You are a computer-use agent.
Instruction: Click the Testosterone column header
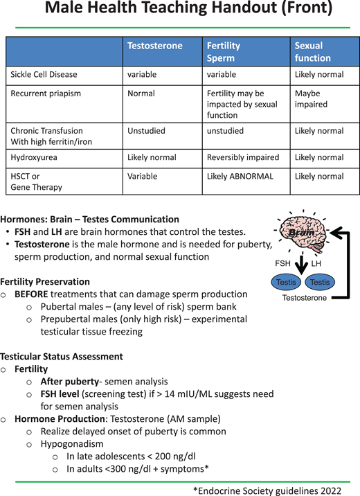click(x=155, y=46)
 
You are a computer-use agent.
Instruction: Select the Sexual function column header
click(x=309, y=52)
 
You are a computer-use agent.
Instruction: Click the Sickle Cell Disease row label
click(x=44, y=74)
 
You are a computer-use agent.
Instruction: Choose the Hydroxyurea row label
click(x=33, y=157)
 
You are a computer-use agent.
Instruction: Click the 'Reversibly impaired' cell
click(x=242, y=157)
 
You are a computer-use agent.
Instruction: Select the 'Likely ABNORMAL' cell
click(x=240, y=177)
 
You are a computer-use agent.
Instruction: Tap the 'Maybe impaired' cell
click(x=311, y=98)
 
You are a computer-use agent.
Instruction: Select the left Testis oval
click(x=286, y=282)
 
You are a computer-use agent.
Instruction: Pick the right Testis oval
click(x=319, y=282)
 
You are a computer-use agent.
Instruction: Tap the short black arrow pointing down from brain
click(x=303, y=263)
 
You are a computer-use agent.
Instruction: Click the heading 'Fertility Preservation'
click(x=45, y=282)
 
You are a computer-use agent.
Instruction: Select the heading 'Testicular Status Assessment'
click(x=62, y=357)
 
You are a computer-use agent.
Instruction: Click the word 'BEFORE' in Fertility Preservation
click(x=31, y=294)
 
